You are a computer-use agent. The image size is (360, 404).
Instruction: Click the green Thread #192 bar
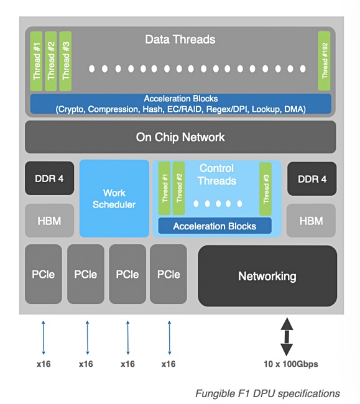tap(324, 61)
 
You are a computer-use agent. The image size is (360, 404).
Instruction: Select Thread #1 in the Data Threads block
tap(36, 61)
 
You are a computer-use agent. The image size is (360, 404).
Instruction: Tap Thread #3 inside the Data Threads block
tap(65, 61)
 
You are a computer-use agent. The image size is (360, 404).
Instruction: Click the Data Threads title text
tap(180, 39)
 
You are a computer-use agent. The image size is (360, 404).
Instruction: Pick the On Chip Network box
tap(180, 137)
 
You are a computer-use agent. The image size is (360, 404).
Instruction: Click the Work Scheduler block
tap(114, 198)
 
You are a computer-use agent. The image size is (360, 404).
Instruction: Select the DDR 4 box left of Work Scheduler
tap(49, 178)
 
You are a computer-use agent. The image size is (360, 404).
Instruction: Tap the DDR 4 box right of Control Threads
tap(312, 178)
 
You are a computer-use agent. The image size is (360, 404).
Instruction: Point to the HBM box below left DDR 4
tap(49, 221)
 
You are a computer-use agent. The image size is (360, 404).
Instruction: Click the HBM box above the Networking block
tap(311, 221)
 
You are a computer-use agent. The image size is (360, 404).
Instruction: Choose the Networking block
tap(267, 276)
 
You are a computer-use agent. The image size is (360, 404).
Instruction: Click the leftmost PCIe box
tap(44, 274)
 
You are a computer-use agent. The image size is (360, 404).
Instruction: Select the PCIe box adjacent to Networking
tap(168, 274)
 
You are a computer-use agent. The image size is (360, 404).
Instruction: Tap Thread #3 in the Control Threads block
tap(265, 189)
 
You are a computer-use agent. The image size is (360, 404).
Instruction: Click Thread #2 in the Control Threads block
tap(178, 188)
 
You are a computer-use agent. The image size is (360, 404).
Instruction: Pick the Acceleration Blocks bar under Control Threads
tap(215, 226)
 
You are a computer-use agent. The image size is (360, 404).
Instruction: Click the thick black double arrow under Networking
tap(287, 337)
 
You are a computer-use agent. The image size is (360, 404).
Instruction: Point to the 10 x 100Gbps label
tap(291, 364)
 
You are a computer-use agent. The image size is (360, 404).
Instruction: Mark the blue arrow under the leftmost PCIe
tap(44, 337)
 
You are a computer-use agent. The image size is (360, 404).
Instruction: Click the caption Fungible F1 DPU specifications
tap(267, 393)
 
